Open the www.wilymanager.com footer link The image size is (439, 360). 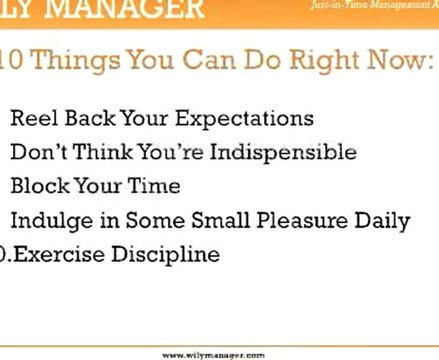[212, 354]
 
